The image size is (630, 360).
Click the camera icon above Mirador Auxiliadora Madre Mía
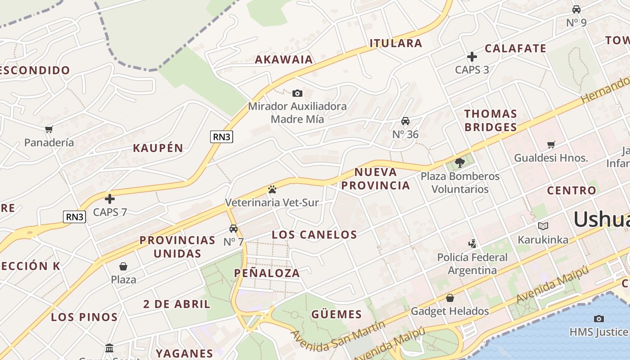coord(297,94)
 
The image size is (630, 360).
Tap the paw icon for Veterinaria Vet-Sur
coord(272,189)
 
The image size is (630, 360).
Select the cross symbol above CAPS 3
coord(472,57)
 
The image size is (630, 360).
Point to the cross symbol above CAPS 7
coord(110,199)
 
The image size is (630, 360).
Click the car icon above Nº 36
coord(405,121)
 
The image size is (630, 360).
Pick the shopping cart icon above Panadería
coord(49,130)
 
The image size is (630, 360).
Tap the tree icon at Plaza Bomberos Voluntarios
coord(459,163)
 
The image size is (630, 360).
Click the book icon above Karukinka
coord(543,226)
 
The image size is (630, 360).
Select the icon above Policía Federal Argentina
coord(472,244)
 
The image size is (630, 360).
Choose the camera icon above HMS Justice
coord(598,319)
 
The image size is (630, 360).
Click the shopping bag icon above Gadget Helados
coord(450,298)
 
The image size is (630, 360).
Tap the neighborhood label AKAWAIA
coord(284,59)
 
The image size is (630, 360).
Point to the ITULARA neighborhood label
coord(396,43)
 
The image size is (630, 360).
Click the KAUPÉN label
coord(158,148)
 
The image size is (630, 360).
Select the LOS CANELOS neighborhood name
coord(315,234)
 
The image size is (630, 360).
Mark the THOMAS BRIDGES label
coord(490,120)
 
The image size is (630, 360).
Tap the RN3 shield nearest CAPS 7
coord(74,217)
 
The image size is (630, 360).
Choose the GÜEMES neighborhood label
coord(336,315)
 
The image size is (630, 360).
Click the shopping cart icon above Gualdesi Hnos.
coord(551,145)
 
